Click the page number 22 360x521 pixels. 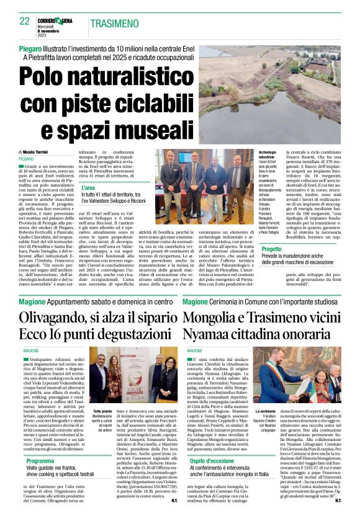tap(24, 20)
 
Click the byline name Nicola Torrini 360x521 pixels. tap(37, 151)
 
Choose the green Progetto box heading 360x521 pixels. tap(271, 249)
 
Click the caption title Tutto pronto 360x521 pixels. tap(103, 411)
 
